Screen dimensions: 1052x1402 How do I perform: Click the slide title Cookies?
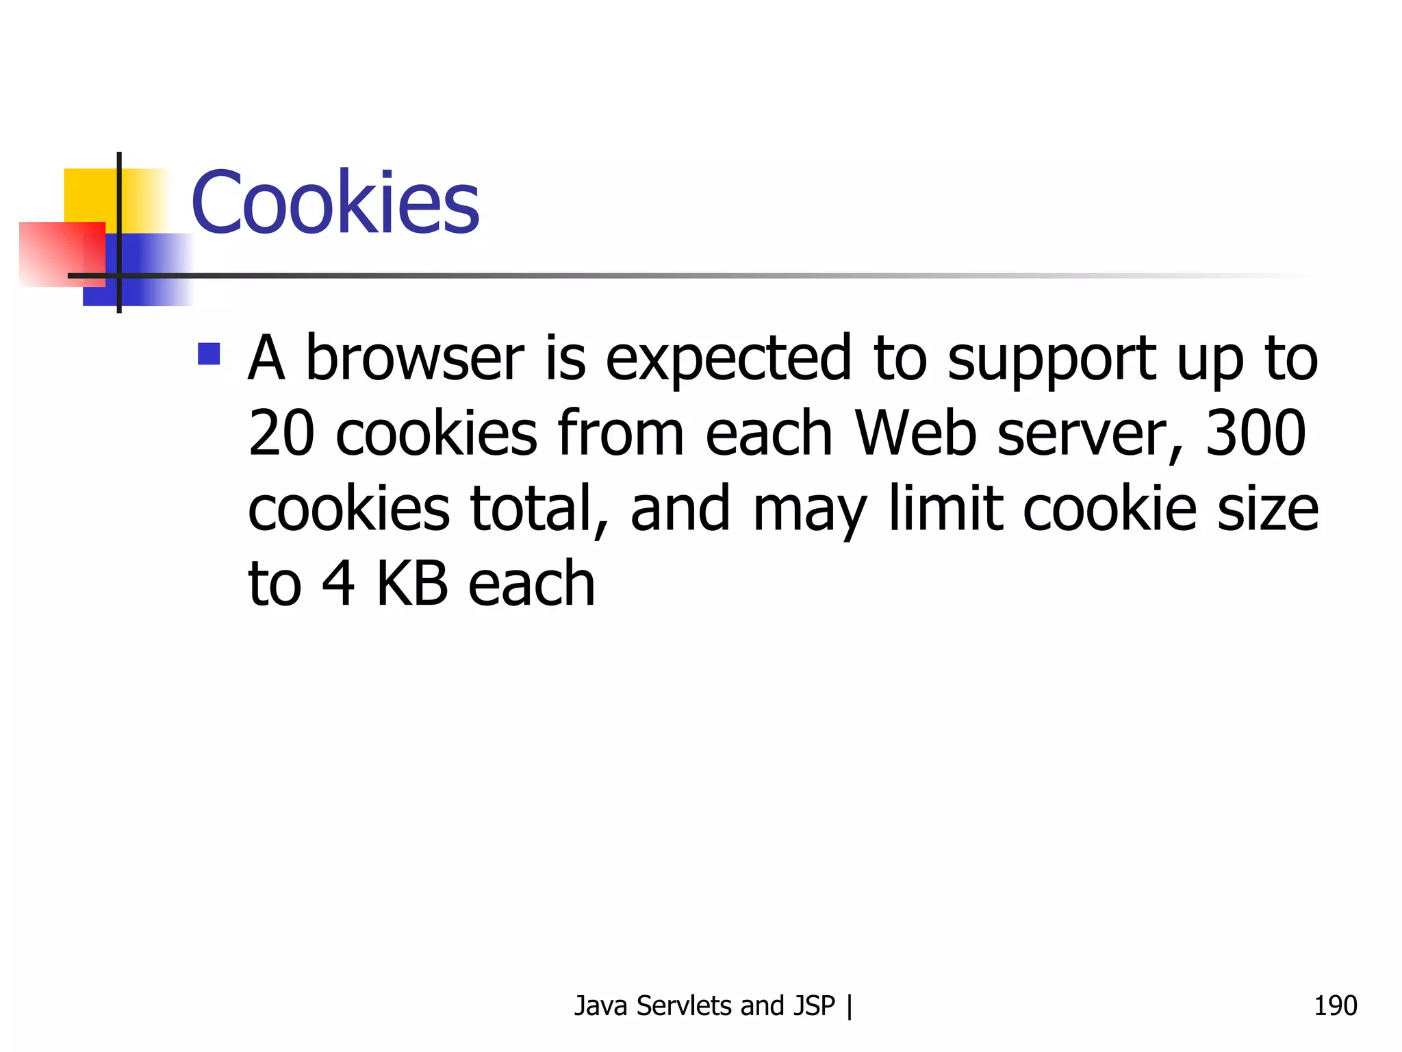coord(335,203)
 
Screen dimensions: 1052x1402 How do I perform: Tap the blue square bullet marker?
coord(209,354)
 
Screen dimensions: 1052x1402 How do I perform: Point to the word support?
coord(1051,359)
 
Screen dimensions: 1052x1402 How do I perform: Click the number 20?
coord(281,433)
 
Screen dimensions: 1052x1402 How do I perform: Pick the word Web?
coord(916,433)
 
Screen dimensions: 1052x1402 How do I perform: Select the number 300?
coord(1256,433)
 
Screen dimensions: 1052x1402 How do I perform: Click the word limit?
coord(945,508)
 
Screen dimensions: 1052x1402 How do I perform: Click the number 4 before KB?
coord(338,584)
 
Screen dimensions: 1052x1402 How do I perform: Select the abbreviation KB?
coord(412,584)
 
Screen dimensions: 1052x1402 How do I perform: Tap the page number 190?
coord(1335,1005)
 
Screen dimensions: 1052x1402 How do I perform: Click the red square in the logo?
coord(62,253)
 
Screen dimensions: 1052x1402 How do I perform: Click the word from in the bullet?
coord(620,433)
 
